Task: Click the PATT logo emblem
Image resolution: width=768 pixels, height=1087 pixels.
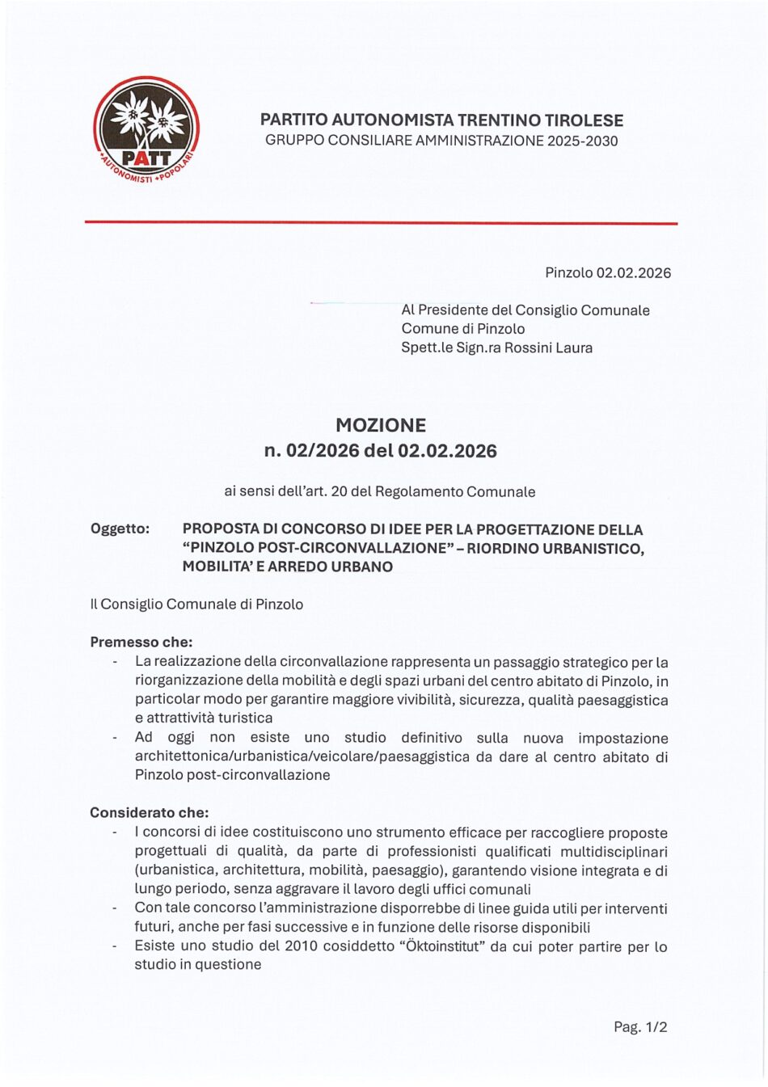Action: [x=146, y=129]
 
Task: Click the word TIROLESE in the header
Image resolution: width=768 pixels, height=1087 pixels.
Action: [x=584, y=120]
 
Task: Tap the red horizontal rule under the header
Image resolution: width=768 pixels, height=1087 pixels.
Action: [x=381, y=222]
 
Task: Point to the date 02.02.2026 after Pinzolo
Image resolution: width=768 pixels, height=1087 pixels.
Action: [x=633, y=272]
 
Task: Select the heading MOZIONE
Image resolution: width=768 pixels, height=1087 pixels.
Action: [x=381, y=425]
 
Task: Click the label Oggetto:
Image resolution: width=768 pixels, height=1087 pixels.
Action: [x=120, y=529]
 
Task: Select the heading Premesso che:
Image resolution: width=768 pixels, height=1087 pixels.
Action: [x=141, y=643]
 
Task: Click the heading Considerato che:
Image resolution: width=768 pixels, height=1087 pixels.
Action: [x=150, y=812]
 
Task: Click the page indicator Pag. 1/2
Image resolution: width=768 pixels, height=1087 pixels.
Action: [x=640, y=1027]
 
